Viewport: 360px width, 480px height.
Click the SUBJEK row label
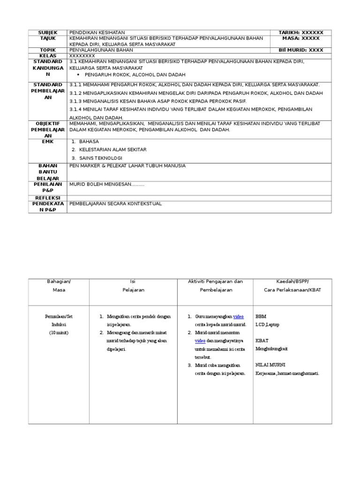(x=47, y=32)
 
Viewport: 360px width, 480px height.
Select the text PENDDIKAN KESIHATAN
(x=97, y=32)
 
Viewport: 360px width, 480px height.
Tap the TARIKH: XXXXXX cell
(x=300, y=32)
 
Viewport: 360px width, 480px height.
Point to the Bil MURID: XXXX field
(x=300, y=50)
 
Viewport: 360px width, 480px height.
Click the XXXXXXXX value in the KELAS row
(x=82, y=56)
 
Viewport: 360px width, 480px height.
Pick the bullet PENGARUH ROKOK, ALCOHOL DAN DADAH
(x=135, y=75)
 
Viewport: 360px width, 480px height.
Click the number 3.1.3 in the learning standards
(x=76, y=101)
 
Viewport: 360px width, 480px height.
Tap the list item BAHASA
(x=89, y=141)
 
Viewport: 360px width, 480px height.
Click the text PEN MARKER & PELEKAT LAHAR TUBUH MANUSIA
(x=127, y=166)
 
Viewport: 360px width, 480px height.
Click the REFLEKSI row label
(x=47, y=198)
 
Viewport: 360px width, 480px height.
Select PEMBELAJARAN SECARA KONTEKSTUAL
(x=115, y=204)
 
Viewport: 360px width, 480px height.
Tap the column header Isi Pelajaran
(x=133, y=285)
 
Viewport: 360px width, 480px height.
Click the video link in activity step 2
(x=200, y=341)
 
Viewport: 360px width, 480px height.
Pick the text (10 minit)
(x=59, y=333)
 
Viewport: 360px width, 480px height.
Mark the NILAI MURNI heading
(x=270, y=365)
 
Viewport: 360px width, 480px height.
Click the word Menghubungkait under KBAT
(x=272, y=349)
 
